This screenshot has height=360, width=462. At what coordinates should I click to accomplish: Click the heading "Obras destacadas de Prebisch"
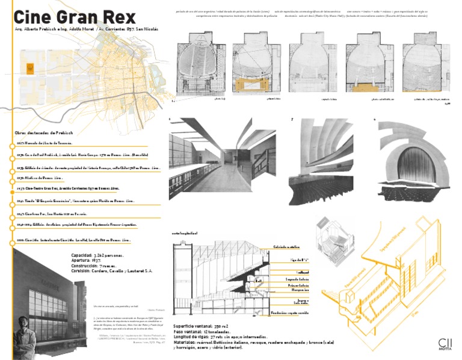46,132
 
